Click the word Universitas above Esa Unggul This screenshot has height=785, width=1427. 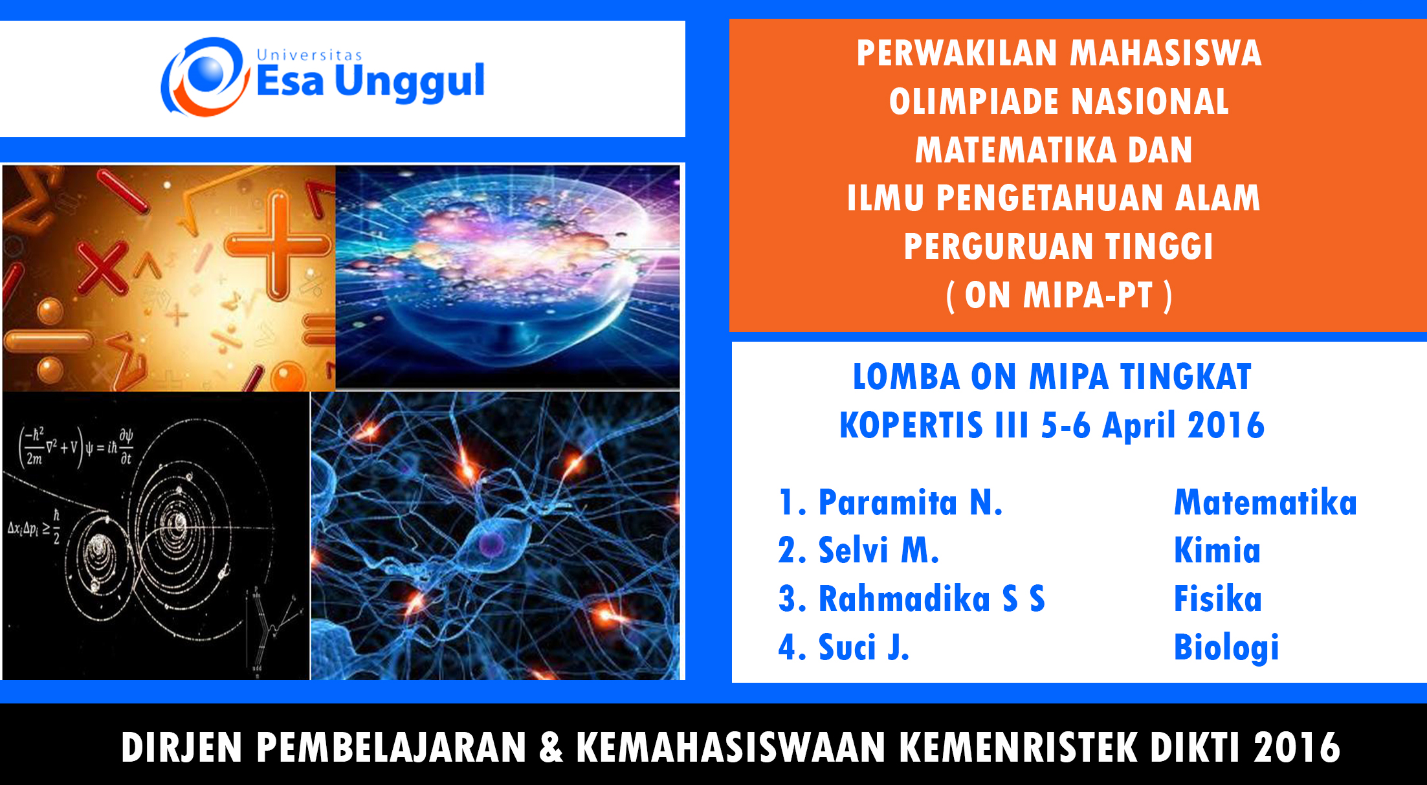coord(309,55)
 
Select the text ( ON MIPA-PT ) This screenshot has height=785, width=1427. coord(1059,296)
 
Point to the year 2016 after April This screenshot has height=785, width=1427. coord(1226,426)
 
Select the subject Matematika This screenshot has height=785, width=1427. coord(1265,503)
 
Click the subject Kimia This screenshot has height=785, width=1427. coord(1217,551)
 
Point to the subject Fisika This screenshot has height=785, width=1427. coord(1218,599)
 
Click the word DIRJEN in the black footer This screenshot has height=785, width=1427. coord(182,747)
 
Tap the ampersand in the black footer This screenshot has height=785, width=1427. coord(551,747)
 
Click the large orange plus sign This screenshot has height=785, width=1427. coord(278,246)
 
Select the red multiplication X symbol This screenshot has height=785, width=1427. coord(104,268)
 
